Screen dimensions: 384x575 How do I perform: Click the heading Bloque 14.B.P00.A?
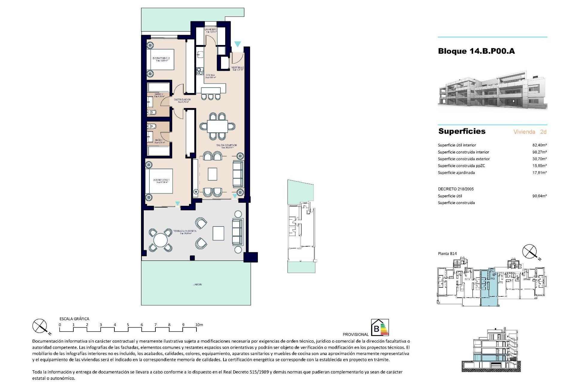476,51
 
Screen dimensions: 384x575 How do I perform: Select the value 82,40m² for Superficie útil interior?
539,145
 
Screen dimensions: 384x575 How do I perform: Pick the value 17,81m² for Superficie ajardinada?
539,173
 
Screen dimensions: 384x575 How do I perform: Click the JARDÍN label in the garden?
197,284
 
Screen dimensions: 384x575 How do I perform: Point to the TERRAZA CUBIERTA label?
185,231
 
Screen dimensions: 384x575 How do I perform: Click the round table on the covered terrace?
161,240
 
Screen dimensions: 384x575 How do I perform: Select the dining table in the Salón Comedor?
217,126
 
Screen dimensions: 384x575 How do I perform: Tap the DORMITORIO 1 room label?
161,180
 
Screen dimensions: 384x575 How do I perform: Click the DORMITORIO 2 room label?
161,58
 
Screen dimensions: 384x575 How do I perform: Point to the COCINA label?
210,75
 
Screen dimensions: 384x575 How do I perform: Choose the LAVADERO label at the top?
211,29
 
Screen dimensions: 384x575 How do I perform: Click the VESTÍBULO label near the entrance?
237,68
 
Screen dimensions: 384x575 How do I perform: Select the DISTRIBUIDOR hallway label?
182,100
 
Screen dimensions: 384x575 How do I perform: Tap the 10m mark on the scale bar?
199,325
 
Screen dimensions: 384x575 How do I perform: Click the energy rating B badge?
380,327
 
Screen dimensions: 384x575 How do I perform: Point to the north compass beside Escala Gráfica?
40,326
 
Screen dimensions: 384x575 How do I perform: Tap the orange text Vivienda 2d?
530,132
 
